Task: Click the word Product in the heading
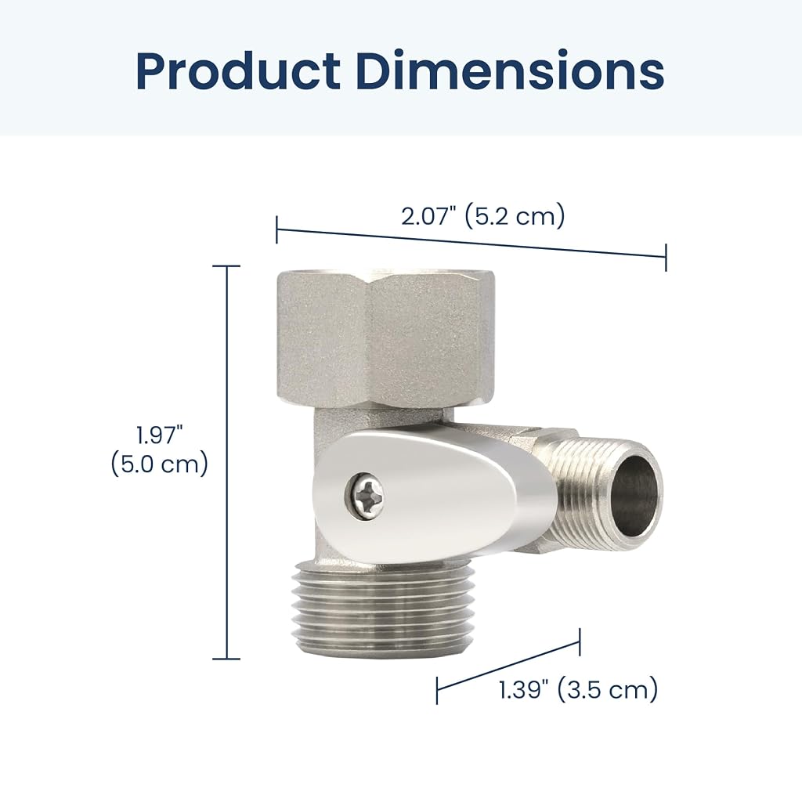point(238,71)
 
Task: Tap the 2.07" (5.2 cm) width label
point(482,216)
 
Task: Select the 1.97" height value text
point(160,435)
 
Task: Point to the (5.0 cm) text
point(160,464)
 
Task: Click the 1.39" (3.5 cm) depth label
point(579,689)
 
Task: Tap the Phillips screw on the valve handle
point(367,496)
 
